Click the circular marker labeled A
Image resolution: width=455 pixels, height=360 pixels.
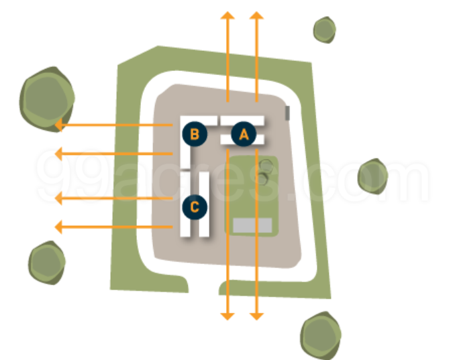(x=244, y=134)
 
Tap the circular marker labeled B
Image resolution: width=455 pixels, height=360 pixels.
(x=194, y=134)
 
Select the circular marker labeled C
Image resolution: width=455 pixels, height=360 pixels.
(x=194, y=206)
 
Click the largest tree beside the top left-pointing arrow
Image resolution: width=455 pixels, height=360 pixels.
(x=46, y=97)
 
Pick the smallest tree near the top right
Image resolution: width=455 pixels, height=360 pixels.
(x=324, y=29)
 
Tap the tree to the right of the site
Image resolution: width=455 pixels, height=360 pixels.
(x=372, y=176)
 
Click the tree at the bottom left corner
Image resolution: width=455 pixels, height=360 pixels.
(x=47, y=262)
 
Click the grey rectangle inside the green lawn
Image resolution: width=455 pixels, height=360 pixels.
(x=252, y=225)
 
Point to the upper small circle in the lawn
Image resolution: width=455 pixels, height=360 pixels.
(x=266, y=166)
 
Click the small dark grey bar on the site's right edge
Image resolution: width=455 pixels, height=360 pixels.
(x=287, y=113)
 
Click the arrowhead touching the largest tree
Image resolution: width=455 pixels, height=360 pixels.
(x=59, y=125)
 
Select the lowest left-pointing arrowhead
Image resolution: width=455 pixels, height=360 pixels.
(x=59, y=227)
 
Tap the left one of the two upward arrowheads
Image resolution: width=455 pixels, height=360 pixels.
(x=228, y=15)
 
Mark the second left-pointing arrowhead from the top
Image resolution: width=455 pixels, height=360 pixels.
(x=59, y=154)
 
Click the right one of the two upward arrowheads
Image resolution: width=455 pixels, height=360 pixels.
(x=256, y=15)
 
